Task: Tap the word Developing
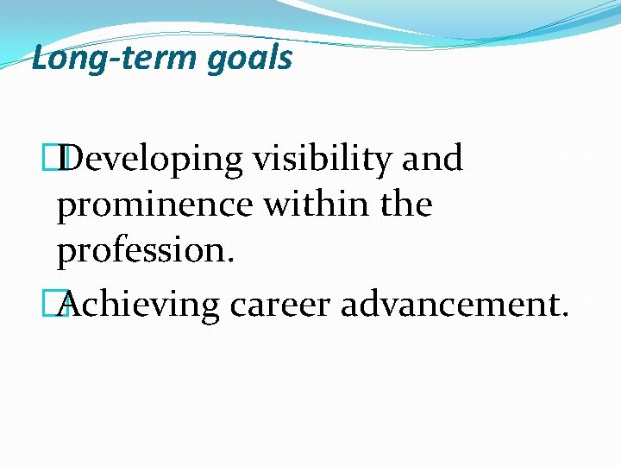tap(153, 161)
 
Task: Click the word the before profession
tap(403, 205)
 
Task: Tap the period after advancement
tap(564, 313)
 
